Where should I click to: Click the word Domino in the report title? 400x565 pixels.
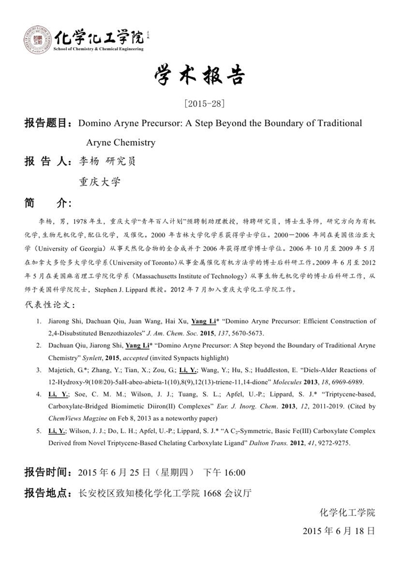94,123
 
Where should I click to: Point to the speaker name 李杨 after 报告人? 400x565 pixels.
79,162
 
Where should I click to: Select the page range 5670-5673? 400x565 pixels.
267,331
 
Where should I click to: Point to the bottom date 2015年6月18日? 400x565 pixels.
339,531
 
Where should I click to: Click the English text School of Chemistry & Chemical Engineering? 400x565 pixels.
98,50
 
